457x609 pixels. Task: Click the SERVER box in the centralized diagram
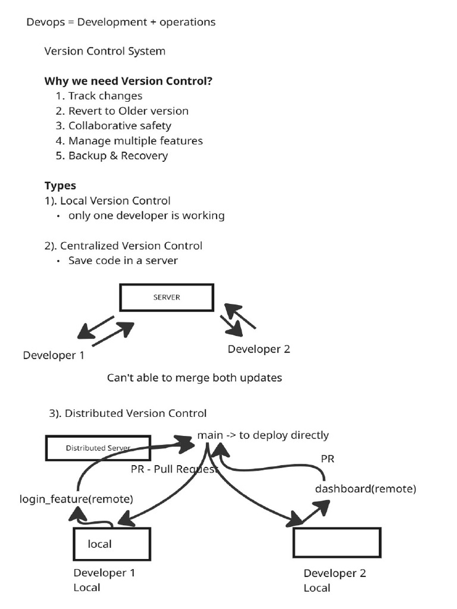[166, 297]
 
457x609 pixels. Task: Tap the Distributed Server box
[89, 448]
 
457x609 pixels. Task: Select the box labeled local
[111, 544]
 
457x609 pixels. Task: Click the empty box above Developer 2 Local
[337, 543]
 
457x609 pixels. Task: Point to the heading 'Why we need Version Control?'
[129, 81]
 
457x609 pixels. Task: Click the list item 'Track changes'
[105, 96]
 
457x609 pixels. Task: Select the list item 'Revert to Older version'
[128, 111]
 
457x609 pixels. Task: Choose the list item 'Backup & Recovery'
[118, 156]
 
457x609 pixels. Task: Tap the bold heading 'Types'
[60, 186]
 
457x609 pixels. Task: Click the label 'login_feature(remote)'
[76, 499]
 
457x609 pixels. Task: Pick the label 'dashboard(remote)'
[365, 489]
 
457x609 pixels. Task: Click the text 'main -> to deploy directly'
[263, 435]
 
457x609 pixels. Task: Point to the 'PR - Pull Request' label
[174, 468]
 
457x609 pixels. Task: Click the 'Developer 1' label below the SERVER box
[54, 356]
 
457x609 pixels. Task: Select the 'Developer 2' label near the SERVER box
[259, 349]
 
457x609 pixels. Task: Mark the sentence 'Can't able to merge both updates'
[194, 378]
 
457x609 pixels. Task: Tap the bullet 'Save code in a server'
[123, 260]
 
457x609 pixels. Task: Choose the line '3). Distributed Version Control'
[127, 413]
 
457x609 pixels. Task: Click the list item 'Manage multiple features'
[135, 141]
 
